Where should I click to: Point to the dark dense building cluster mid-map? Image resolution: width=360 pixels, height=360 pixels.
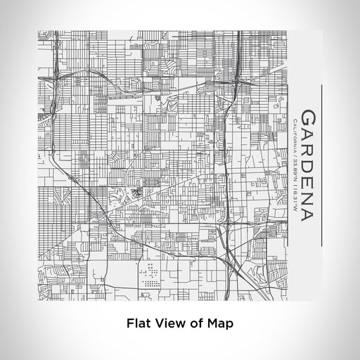click(136, 189)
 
